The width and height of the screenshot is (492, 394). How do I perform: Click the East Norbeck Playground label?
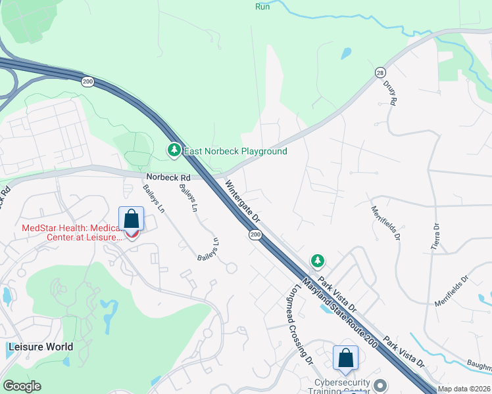click(235, 151)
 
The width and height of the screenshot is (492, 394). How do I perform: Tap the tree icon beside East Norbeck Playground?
click(174, 151)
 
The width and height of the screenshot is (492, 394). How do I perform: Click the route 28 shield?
click(380, 73)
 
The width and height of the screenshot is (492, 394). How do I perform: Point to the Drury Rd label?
click(393, 94)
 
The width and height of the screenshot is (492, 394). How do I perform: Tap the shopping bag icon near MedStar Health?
click(131, 219)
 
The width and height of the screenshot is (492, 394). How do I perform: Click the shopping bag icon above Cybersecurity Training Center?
click(345, 358)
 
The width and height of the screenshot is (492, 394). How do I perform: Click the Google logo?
click(22, 386)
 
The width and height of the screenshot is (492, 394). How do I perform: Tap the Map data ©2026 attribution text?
click(464, 389)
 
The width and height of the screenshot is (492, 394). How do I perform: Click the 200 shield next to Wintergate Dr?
click(255, 234)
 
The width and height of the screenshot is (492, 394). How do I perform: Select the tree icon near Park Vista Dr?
click(318, 261)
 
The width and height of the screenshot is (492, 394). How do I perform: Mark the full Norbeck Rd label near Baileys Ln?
click(168, 177)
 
